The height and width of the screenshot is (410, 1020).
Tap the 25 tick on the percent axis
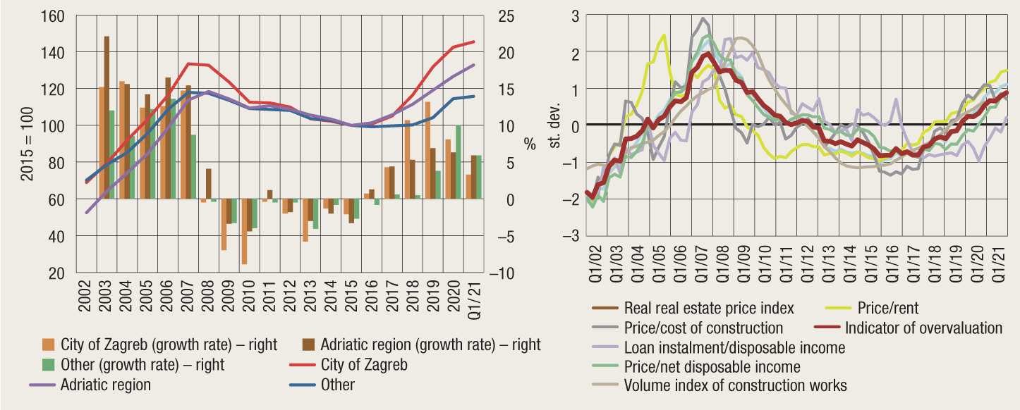tap(508, 15)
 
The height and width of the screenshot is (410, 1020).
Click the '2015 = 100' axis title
tap(27, 145)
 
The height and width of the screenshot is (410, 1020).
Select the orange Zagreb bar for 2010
tap(244, 232)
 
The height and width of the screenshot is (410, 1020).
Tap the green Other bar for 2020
tap(459, 162)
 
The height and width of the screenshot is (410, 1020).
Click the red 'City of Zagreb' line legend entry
tap(363, 366)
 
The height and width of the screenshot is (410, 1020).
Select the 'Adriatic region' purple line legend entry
tap(105, 385)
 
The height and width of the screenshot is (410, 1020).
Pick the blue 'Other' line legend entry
tap(337, 385)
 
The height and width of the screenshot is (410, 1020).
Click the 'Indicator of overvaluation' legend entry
tap(923, 328)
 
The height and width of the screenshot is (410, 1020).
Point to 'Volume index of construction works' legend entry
tap(735, 385)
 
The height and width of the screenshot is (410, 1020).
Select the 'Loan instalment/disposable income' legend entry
tap(734, 347)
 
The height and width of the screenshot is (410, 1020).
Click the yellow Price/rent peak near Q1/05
tap(664, 35)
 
